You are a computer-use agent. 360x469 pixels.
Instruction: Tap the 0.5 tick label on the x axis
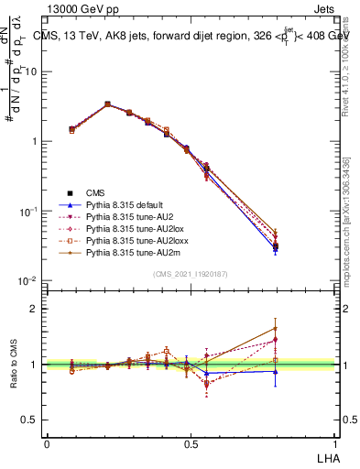(x=191, y=443)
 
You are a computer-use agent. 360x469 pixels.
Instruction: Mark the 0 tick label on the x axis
(x=48, y=443)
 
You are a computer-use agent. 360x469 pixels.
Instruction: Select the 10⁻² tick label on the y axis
(x=29, y=280)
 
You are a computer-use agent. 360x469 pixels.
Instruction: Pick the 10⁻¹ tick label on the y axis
(x=29, y=211)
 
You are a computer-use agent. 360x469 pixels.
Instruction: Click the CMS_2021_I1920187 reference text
(x=191, y=273)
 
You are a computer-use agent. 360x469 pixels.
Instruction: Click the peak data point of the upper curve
(x=107, y=104)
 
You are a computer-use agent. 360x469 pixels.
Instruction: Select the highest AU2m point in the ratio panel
(x=300, y=328)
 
